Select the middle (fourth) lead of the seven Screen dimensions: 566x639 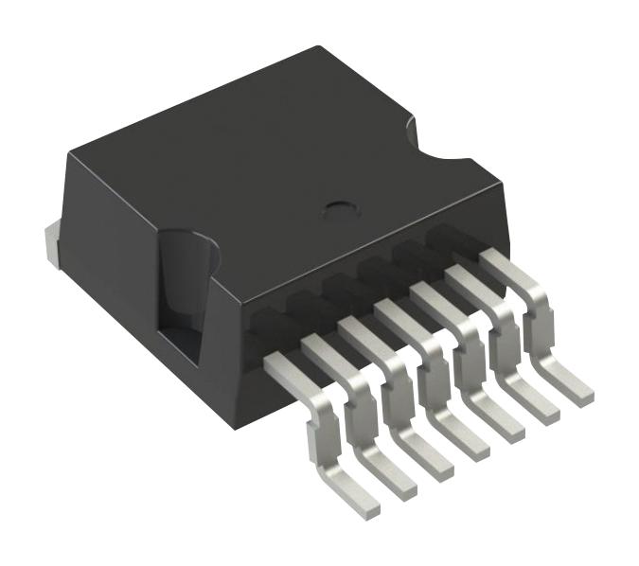(x=431, y=369)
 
